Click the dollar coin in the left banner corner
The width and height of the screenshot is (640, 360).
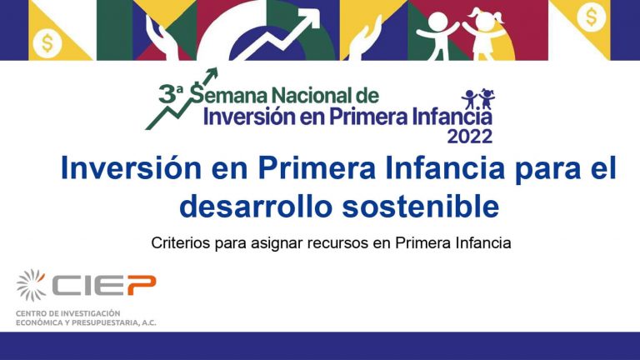point(47,43)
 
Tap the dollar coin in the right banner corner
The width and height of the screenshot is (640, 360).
point(591,17)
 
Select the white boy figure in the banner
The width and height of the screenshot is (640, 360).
point(437,36)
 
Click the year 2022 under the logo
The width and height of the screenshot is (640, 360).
point(469,137)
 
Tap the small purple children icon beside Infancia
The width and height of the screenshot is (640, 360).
point(478,99)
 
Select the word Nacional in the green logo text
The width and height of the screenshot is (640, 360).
point(313,96)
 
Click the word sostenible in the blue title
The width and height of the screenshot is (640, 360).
point(420,206)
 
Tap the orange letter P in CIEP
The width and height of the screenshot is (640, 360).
point(141,285)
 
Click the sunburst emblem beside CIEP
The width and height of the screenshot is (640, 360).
point(31,285)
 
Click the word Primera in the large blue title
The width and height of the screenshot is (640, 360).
point(317,168)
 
